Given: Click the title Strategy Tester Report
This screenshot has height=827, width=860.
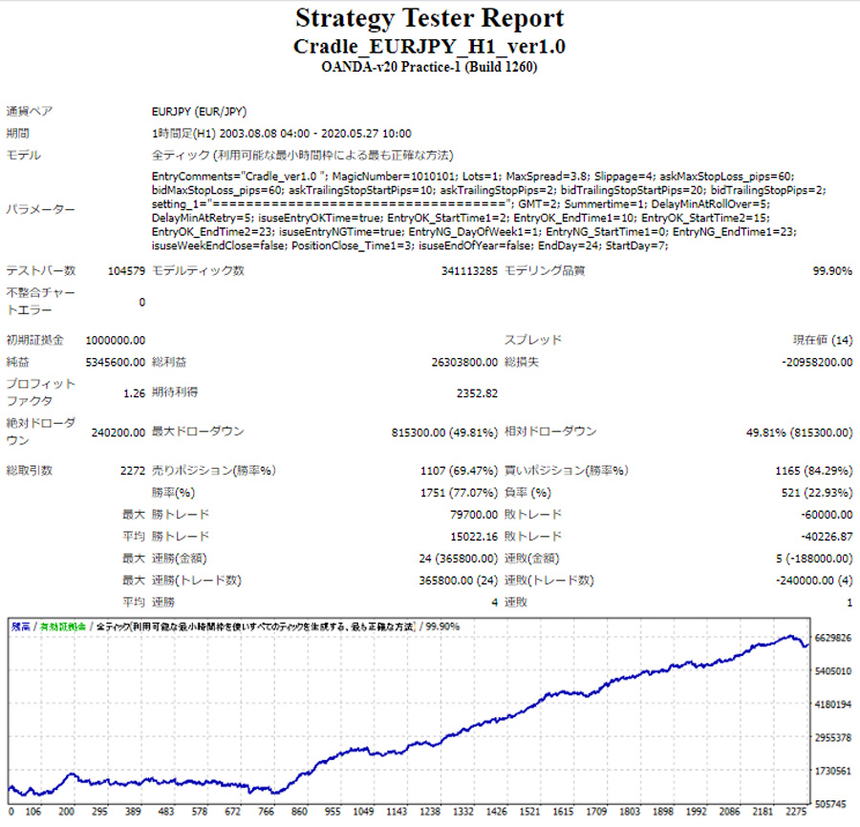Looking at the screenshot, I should click(x=430, y=18).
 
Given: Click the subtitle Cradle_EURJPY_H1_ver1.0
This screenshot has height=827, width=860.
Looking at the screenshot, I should click(x=430, y=46).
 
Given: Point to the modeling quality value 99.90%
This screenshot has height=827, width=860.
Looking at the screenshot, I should click(x=832, y=271).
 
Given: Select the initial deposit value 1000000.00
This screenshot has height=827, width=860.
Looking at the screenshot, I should click(x=116, y=340).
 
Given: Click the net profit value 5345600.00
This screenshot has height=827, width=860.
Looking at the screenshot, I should click(x=116, y=363).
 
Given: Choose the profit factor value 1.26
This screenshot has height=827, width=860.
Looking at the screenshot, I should click(x=134, y=392).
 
